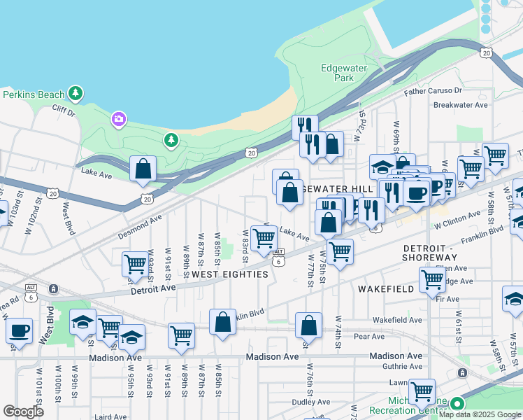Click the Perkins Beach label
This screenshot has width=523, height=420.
tap(34, 94)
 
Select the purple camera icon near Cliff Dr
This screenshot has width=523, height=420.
tap(118, 120)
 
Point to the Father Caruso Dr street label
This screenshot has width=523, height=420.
tap(434, 91)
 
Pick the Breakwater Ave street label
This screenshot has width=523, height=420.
tap(460, 105)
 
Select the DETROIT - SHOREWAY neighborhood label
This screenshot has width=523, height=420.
tap(440, 253)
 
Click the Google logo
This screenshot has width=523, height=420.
tap(23, 411)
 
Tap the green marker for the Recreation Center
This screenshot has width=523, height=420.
tap(457, 404)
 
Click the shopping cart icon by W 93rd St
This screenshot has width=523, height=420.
tap(135, 264)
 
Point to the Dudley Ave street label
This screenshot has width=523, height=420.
tap(310, 402)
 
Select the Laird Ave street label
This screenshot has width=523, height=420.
tap(110, 416)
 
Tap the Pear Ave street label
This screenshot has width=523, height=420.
tap(369, 337)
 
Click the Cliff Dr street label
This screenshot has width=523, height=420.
tap(62, 109)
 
